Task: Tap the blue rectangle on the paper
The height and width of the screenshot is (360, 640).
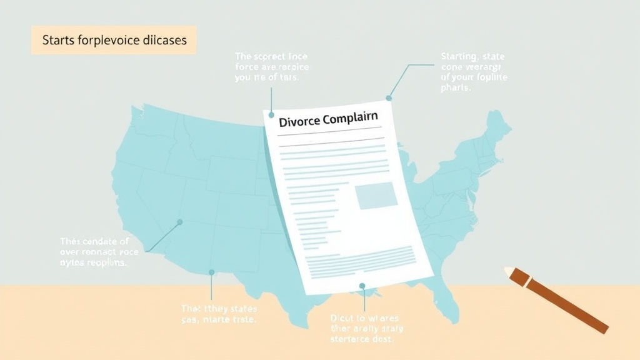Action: (x=376, y=196)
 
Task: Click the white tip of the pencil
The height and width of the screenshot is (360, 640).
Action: (x=509, y=272)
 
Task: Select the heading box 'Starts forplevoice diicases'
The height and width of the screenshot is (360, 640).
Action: (x=114, y=40)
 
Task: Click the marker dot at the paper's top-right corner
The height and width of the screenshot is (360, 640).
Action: (x=389, y=98)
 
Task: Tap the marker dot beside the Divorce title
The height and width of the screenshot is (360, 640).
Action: (x=272, y=114)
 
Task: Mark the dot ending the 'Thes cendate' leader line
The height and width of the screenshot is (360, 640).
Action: (x=180, y=222)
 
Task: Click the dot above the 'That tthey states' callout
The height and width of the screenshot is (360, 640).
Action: (x=212, y=272)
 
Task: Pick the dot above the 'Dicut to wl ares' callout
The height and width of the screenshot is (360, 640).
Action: (x=362, y=286)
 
